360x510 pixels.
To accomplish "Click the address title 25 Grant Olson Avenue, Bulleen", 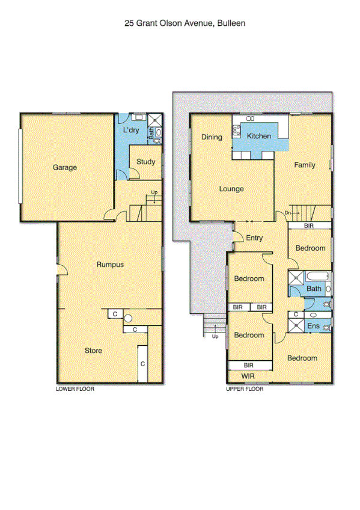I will click(x=185, y=23).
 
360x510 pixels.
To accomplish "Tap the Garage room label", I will click(x=64, y=167).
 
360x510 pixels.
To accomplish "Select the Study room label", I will click(x=145, y=162).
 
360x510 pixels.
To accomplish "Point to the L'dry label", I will click(x=131, y=131).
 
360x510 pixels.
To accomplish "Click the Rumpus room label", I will click(x=110, y=264).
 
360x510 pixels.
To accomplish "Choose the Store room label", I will click(x=93, y=351).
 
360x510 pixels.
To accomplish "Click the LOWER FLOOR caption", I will click(x=75, y=389).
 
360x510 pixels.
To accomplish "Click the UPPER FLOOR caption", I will click(x=245, y=389).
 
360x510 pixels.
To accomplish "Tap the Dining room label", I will click(x=212, y=137).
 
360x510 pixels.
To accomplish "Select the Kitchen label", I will click(x=259, y=137).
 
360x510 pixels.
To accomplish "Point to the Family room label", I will click(x=304, y=165).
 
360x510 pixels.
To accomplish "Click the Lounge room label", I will click(x=231, y=189).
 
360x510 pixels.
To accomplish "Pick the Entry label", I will click(x=254, y=238).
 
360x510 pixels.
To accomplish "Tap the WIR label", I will click(x=249, y=376).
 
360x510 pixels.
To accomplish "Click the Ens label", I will click(x=313, y=326).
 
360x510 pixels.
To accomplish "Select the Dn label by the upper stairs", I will click(x=288, y=213).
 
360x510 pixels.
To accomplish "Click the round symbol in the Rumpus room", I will click(x=128, y=319).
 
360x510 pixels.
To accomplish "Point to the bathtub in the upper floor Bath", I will click(x=318, y=277).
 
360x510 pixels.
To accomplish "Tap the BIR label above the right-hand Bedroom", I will click(x=309, y=226).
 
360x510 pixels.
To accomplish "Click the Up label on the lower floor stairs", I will click(x=154, y=192).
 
